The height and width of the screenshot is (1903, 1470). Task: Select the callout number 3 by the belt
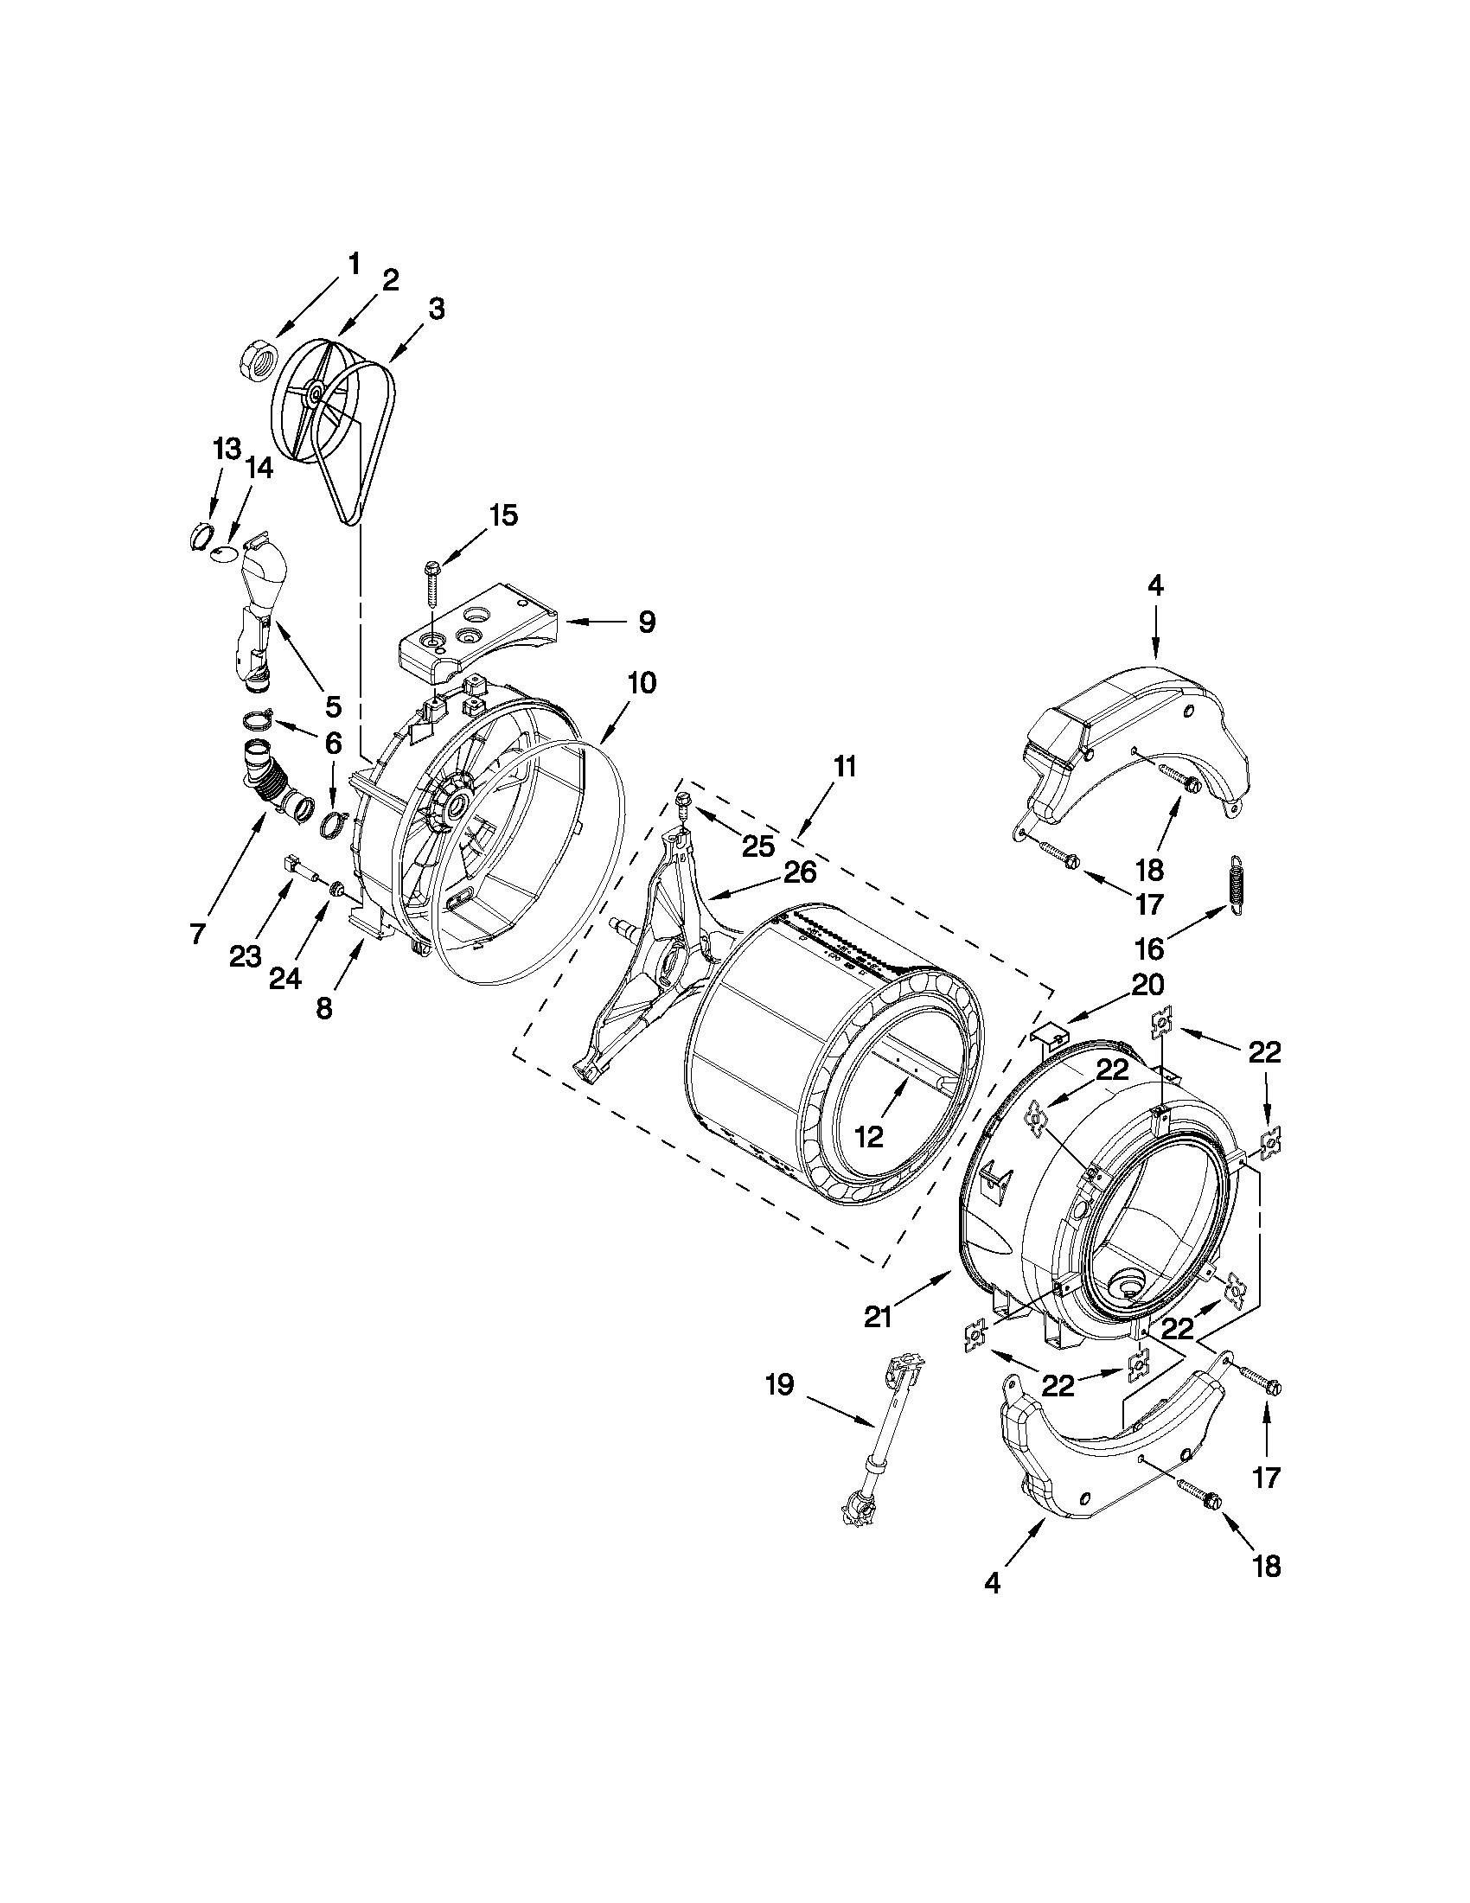click(437, 309)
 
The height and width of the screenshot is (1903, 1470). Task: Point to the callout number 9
click(646, 623)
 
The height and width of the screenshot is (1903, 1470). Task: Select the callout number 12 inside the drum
click(870, 1137)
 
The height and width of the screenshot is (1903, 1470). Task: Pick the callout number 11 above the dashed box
click(844, 768)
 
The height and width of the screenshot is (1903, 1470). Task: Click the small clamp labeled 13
click(200, 537)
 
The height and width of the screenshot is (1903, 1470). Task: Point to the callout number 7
click(198, 935)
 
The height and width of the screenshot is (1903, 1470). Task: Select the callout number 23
click(245, 958)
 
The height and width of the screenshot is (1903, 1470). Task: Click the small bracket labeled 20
click(1049, 1033)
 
